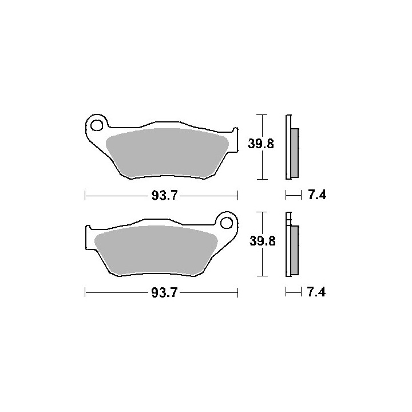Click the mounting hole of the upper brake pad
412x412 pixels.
(x=97, y=125)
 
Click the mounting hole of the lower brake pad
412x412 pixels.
(x=227, y=223)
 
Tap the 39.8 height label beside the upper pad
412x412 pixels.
(x=261, y=144)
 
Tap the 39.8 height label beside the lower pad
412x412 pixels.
(x=262, y=241)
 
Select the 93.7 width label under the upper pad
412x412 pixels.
(x=165, y=196)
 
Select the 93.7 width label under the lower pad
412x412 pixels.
(x=165, y=292)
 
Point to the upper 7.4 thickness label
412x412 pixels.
(x=317, y=195)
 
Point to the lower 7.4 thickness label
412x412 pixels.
(x=316, y=292)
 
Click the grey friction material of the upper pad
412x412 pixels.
(x=167, y=152)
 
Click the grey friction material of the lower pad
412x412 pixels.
(x=156, y=249)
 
